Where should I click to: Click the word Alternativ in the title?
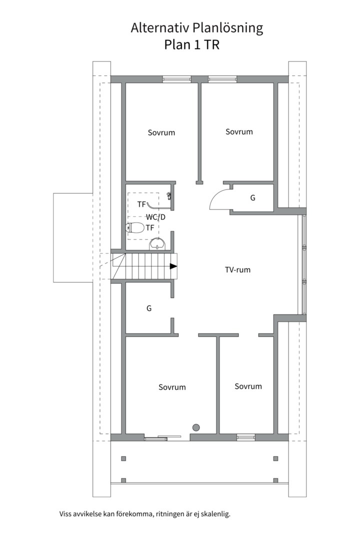point(159,28)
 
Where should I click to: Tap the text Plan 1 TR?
point(191,45)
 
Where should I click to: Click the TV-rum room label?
point(237,269)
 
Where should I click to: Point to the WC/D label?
point(155,217)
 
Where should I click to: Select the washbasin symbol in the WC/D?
point(158,244)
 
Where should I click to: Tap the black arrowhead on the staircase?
point(173,266)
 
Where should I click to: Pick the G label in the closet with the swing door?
point(253,197)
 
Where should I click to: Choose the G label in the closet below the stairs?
point(149,308)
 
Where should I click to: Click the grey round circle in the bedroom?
point(196,427)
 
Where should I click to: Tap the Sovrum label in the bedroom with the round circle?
point(172,387)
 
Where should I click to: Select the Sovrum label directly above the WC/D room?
point(161,132)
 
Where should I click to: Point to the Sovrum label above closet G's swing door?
point(239,131)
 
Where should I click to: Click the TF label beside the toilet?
point(150,227)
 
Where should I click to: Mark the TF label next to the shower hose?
point(141,204)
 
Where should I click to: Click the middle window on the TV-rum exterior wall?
point(304,264)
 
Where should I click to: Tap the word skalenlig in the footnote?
point(216,514)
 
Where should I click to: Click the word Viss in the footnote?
point(65,514)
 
